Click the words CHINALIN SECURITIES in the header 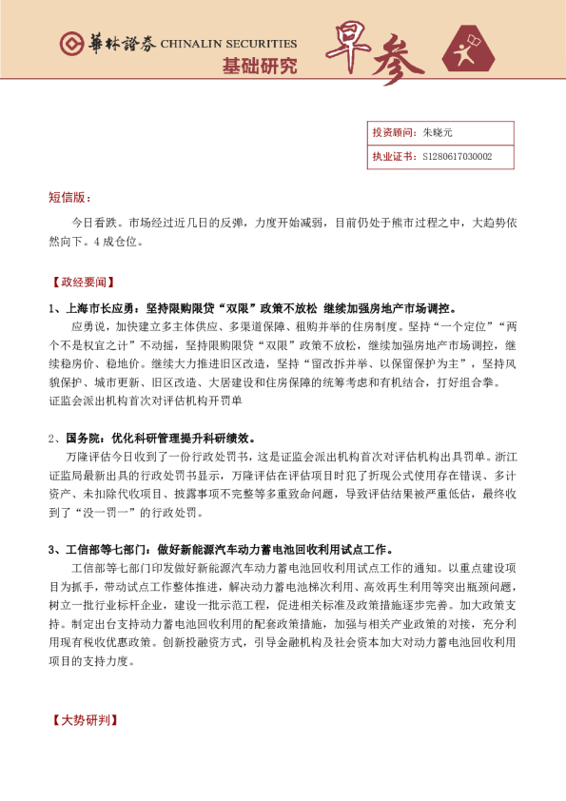(x=227, y=44)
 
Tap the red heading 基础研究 (x=259, y=66)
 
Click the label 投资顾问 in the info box (x=390, y=134)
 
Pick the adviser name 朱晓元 (x=439, y=134)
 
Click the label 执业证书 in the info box (x=390, y=156)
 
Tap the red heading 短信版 (x=68, y=197)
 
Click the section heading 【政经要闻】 (x=81, y=283)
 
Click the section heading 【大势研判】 (x=81, y=720)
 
